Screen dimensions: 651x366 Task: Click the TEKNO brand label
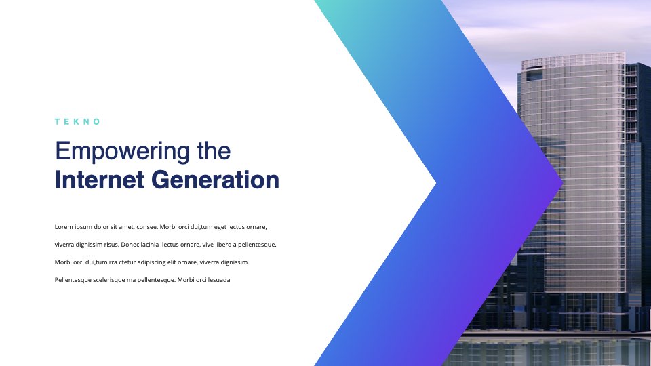(77, 121)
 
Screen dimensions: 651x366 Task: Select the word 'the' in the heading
(214, 150)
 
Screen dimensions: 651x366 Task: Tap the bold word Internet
(99, 180)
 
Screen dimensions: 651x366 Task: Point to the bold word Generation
(215, 180)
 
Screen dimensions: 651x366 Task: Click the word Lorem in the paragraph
(64, 227)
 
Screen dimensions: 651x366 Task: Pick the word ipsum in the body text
(83, 228)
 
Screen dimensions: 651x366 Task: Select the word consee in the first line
(147, 228)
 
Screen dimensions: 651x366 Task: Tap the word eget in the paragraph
(220, 228)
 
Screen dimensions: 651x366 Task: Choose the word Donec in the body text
(130, 245)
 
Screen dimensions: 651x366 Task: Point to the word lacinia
(149, 245)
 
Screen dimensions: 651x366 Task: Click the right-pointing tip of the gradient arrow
(563, 182)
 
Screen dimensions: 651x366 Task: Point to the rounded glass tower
(572, 174)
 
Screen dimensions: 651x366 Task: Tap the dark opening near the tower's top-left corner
(534, 75)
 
